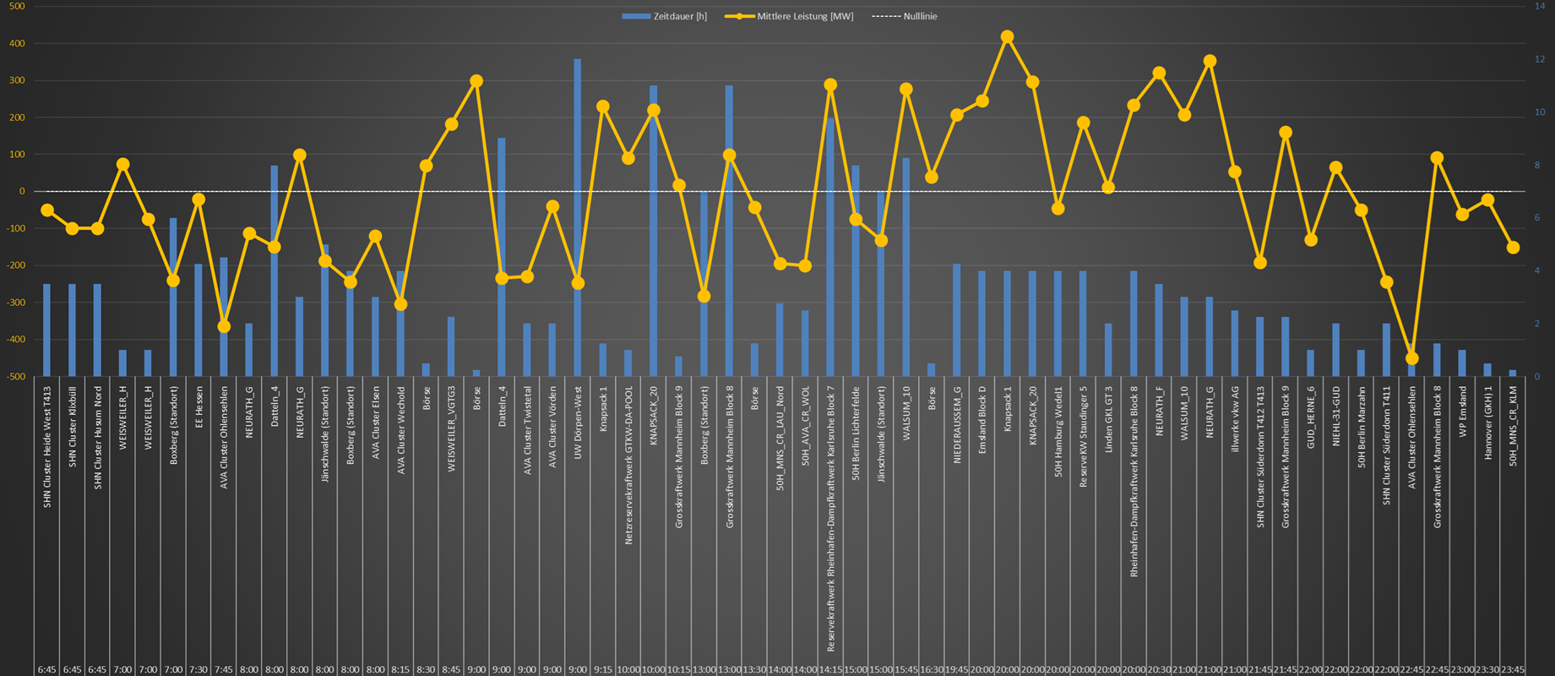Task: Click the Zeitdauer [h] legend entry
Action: pos(664,16)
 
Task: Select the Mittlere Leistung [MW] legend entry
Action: pos(789,16)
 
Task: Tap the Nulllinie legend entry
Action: pos(905,16)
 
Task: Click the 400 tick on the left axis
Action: pos(17,43)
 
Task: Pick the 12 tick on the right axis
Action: pos(1540,59)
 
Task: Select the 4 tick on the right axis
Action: pos(1540,271)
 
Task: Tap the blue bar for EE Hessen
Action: pos(198,321)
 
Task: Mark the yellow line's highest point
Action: pos(1007,37)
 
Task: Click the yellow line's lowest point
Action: pos(1411,358)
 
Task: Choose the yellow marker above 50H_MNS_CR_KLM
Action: pos(1513,248)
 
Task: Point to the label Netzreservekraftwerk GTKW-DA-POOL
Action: pos(628,466)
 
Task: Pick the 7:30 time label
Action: pos(198,669)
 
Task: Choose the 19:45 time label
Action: pos(957,669)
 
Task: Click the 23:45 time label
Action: pos(1513,669)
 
